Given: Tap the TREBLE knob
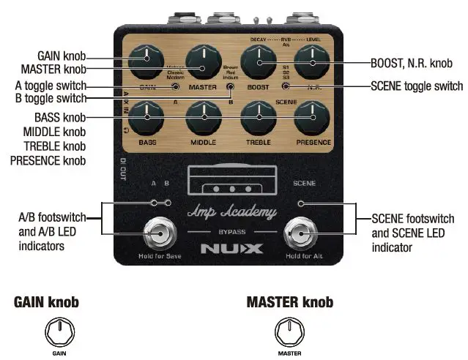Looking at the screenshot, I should point(257,113).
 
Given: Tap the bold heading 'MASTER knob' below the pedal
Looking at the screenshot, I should point(290,301).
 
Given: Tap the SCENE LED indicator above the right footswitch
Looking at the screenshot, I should point(301,203).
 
